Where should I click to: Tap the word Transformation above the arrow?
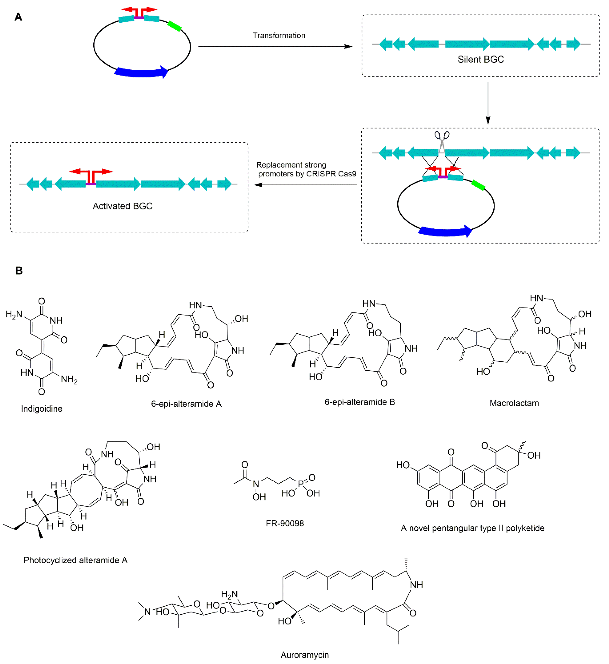click(279, 36)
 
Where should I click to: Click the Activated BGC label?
click(123, 206)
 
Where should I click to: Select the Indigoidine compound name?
click(42, 409)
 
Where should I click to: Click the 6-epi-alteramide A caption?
click(186, 404)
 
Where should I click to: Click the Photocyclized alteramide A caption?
click(75, 560)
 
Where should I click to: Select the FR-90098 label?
click(285, 523)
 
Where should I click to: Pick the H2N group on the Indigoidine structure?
click(14, 315)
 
